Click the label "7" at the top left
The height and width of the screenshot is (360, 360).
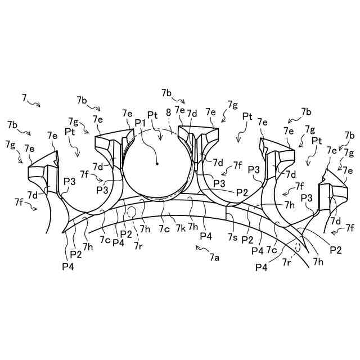click(x=24, y=98)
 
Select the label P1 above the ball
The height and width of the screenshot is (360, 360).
click(x=140, y=123)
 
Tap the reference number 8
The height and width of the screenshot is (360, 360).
click(x=168, y=112)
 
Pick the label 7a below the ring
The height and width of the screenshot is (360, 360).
click(x=214, y=258)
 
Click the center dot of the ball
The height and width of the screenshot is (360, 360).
click(x=157, y=164)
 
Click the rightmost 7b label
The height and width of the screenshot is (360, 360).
click(x=350, y=136)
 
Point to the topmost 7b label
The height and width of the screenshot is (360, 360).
click(x=166, y=92)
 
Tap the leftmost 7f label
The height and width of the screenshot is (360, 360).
click(x=20, y=201)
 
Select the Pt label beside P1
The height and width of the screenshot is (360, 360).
click(x=152, y=114)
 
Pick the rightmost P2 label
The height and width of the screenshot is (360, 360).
click(x=335, y=249)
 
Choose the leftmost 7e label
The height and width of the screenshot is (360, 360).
click(x=29, y=148)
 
